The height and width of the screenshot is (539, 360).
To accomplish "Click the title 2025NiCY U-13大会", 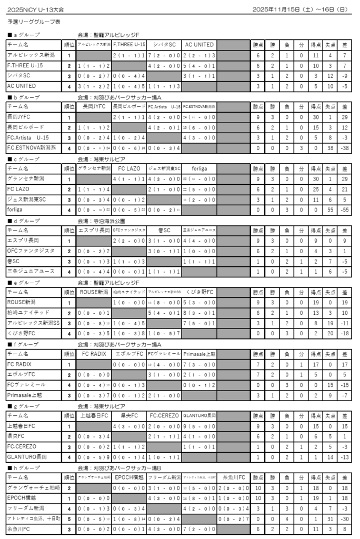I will (x=33, y=9).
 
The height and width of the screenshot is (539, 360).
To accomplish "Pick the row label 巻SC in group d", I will (x=15, y=261).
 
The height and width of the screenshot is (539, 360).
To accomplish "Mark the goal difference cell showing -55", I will (x=344, y=209).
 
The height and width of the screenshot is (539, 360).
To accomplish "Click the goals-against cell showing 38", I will (x=330, y=148).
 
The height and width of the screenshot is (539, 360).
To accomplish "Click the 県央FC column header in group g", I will (x=129, y=415).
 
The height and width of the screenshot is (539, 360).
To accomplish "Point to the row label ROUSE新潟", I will (x=22, y=302).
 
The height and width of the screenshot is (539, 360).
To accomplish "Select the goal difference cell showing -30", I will (x=344, y=518).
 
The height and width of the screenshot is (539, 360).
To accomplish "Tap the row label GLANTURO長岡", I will (x=27, y=456).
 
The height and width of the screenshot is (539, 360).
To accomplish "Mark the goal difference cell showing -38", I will (x=344, y=148).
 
